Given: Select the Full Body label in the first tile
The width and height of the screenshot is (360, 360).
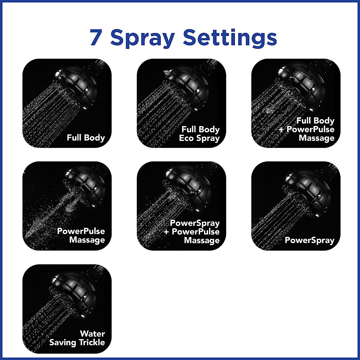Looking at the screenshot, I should click(x=86, y=138).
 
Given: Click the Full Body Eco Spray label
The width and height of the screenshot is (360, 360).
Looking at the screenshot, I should click(x=200, y=134).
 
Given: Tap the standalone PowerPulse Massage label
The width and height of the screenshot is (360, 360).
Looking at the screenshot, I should click(x=81, y=235).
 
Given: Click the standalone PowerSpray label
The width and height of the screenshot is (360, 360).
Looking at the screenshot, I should click(x=309, y=240).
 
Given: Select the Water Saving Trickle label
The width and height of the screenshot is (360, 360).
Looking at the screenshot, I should click(x=78, y=338).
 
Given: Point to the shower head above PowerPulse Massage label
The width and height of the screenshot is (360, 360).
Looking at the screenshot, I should click(x=85, y=186).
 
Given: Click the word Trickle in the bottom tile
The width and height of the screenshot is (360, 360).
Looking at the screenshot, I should click(x=91, y=342).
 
